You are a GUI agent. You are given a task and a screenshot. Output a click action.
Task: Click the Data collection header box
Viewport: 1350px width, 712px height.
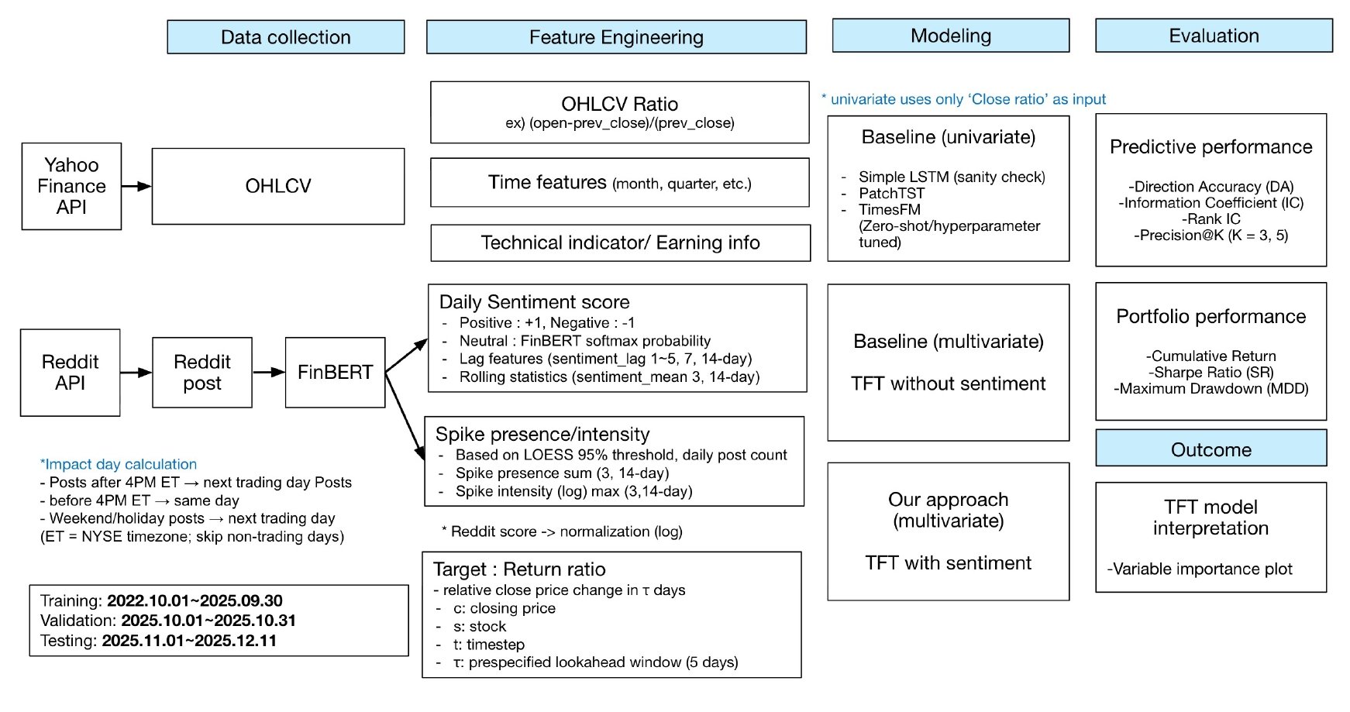tap(285, 37)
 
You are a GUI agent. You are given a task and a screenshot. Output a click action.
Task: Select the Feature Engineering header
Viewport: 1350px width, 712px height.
tap(616, 37)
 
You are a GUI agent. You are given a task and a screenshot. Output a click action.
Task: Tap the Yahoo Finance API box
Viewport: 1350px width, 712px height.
tap(71, 186)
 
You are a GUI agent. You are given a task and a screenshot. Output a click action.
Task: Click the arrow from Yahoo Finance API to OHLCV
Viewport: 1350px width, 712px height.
tap(136, 186)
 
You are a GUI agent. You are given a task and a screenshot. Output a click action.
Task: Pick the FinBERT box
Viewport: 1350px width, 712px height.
tap(335, 373)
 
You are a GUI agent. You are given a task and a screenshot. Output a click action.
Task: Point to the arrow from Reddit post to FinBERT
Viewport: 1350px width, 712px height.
tap(268, 373)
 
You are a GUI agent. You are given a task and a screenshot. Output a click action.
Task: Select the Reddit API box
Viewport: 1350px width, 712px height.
tap(70, 373)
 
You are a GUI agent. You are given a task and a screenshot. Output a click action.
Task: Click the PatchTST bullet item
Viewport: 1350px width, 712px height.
tap(891, 193)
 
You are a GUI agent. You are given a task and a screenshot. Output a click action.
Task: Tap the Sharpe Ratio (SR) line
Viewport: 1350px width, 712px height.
tap(1211, 373)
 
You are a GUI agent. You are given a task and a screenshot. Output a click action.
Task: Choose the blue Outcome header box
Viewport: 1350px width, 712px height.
tap(1211, 449)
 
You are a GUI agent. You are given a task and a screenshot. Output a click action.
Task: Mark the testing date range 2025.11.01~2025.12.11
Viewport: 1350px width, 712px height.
tap(189, 641)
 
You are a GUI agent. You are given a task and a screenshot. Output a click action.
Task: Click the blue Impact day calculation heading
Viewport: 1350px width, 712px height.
tap(119, 464)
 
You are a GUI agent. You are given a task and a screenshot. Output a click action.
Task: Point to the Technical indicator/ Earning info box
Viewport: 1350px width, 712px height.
tap(620, 243)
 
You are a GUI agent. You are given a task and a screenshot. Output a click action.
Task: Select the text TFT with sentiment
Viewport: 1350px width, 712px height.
tap(948, 563)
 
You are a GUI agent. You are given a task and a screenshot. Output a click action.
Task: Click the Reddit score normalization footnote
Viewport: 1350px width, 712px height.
tap(562, 531)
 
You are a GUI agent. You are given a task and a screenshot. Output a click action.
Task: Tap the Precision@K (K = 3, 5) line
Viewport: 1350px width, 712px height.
tap(1211, 236)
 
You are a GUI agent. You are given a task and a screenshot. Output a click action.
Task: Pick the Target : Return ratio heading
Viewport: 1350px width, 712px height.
tap(519, 569)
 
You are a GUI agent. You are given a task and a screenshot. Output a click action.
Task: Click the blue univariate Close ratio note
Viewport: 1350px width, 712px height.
tap(963, 99)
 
